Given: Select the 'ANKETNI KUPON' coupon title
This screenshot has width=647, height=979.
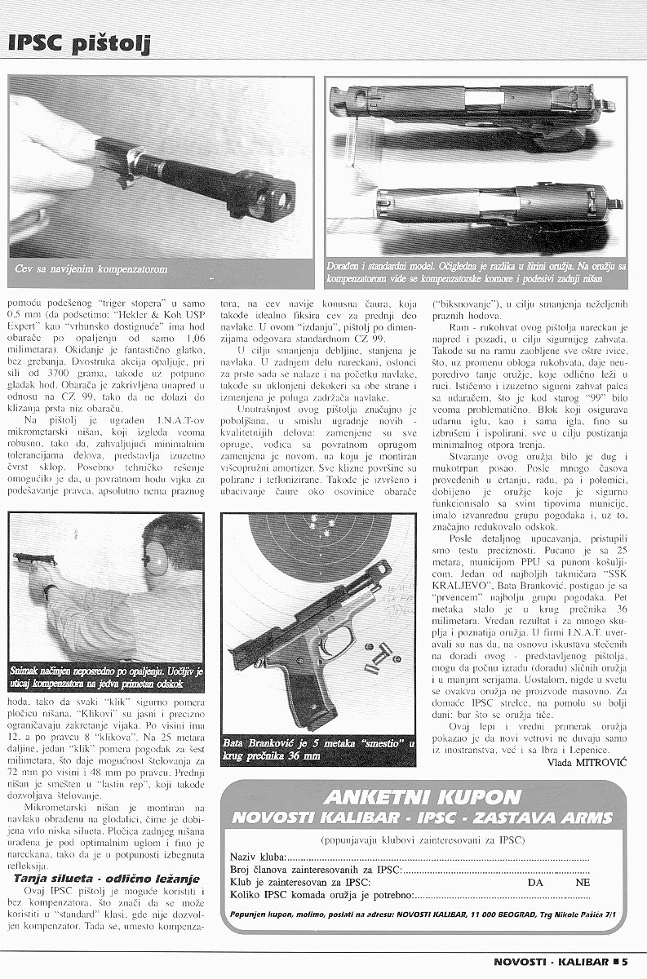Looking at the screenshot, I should click(x=422, y=797).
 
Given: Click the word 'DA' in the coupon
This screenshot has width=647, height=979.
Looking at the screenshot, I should click(x=536, y=882).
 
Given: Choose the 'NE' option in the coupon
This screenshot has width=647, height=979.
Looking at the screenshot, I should click(x=583, y=882).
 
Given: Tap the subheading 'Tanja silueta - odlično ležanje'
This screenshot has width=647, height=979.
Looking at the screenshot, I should click(x=106, y=878).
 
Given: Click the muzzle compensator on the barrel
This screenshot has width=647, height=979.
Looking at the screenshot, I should click(x=272, y=194).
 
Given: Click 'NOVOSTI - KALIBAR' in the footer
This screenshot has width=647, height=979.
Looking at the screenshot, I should click(x=550, y=961).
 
